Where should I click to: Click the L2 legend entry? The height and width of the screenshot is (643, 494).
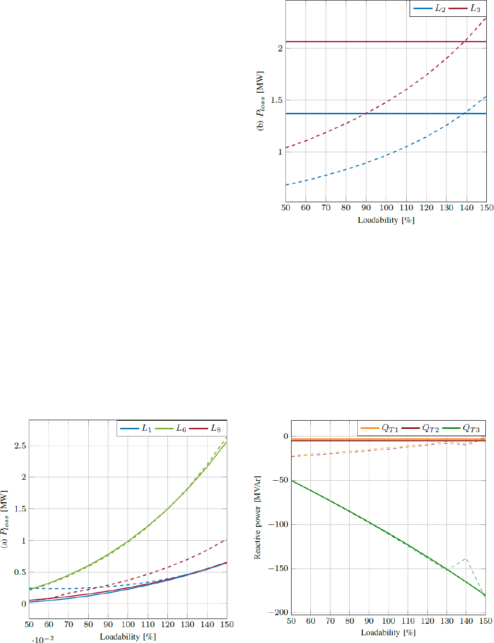(x=430, y=9)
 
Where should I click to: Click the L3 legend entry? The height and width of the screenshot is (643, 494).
(x=464, y=9)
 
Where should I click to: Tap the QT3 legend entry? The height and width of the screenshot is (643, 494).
(x=461, y=428)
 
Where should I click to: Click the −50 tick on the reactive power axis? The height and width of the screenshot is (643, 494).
(x=281, y=480)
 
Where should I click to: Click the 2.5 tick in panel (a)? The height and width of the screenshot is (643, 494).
(x=20, y=446)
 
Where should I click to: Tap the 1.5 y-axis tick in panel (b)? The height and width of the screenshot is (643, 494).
(x=276, y=100)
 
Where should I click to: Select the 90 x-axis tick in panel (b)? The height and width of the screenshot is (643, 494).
(x=366, y=208)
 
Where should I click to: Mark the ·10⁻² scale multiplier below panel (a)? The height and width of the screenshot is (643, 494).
(x=43, y=639)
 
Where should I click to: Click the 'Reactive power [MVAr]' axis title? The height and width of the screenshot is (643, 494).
(x=258, y=517)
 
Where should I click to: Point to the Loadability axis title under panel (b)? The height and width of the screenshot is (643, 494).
(x=386, y=220)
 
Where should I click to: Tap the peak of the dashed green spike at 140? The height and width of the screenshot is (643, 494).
(x=466, y=558)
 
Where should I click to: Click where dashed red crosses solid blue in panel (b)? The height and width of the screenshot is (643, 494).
(x=366, y=113)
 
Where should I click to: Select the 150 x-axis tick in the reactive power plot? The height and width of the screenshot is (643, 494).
(x=486, y=621)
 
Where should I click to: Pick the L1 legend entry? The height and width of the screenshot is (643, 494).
(x=136, y=428)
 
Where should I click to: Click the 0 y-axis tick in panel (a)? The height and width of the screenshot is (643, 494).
(x=24, y=604)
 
